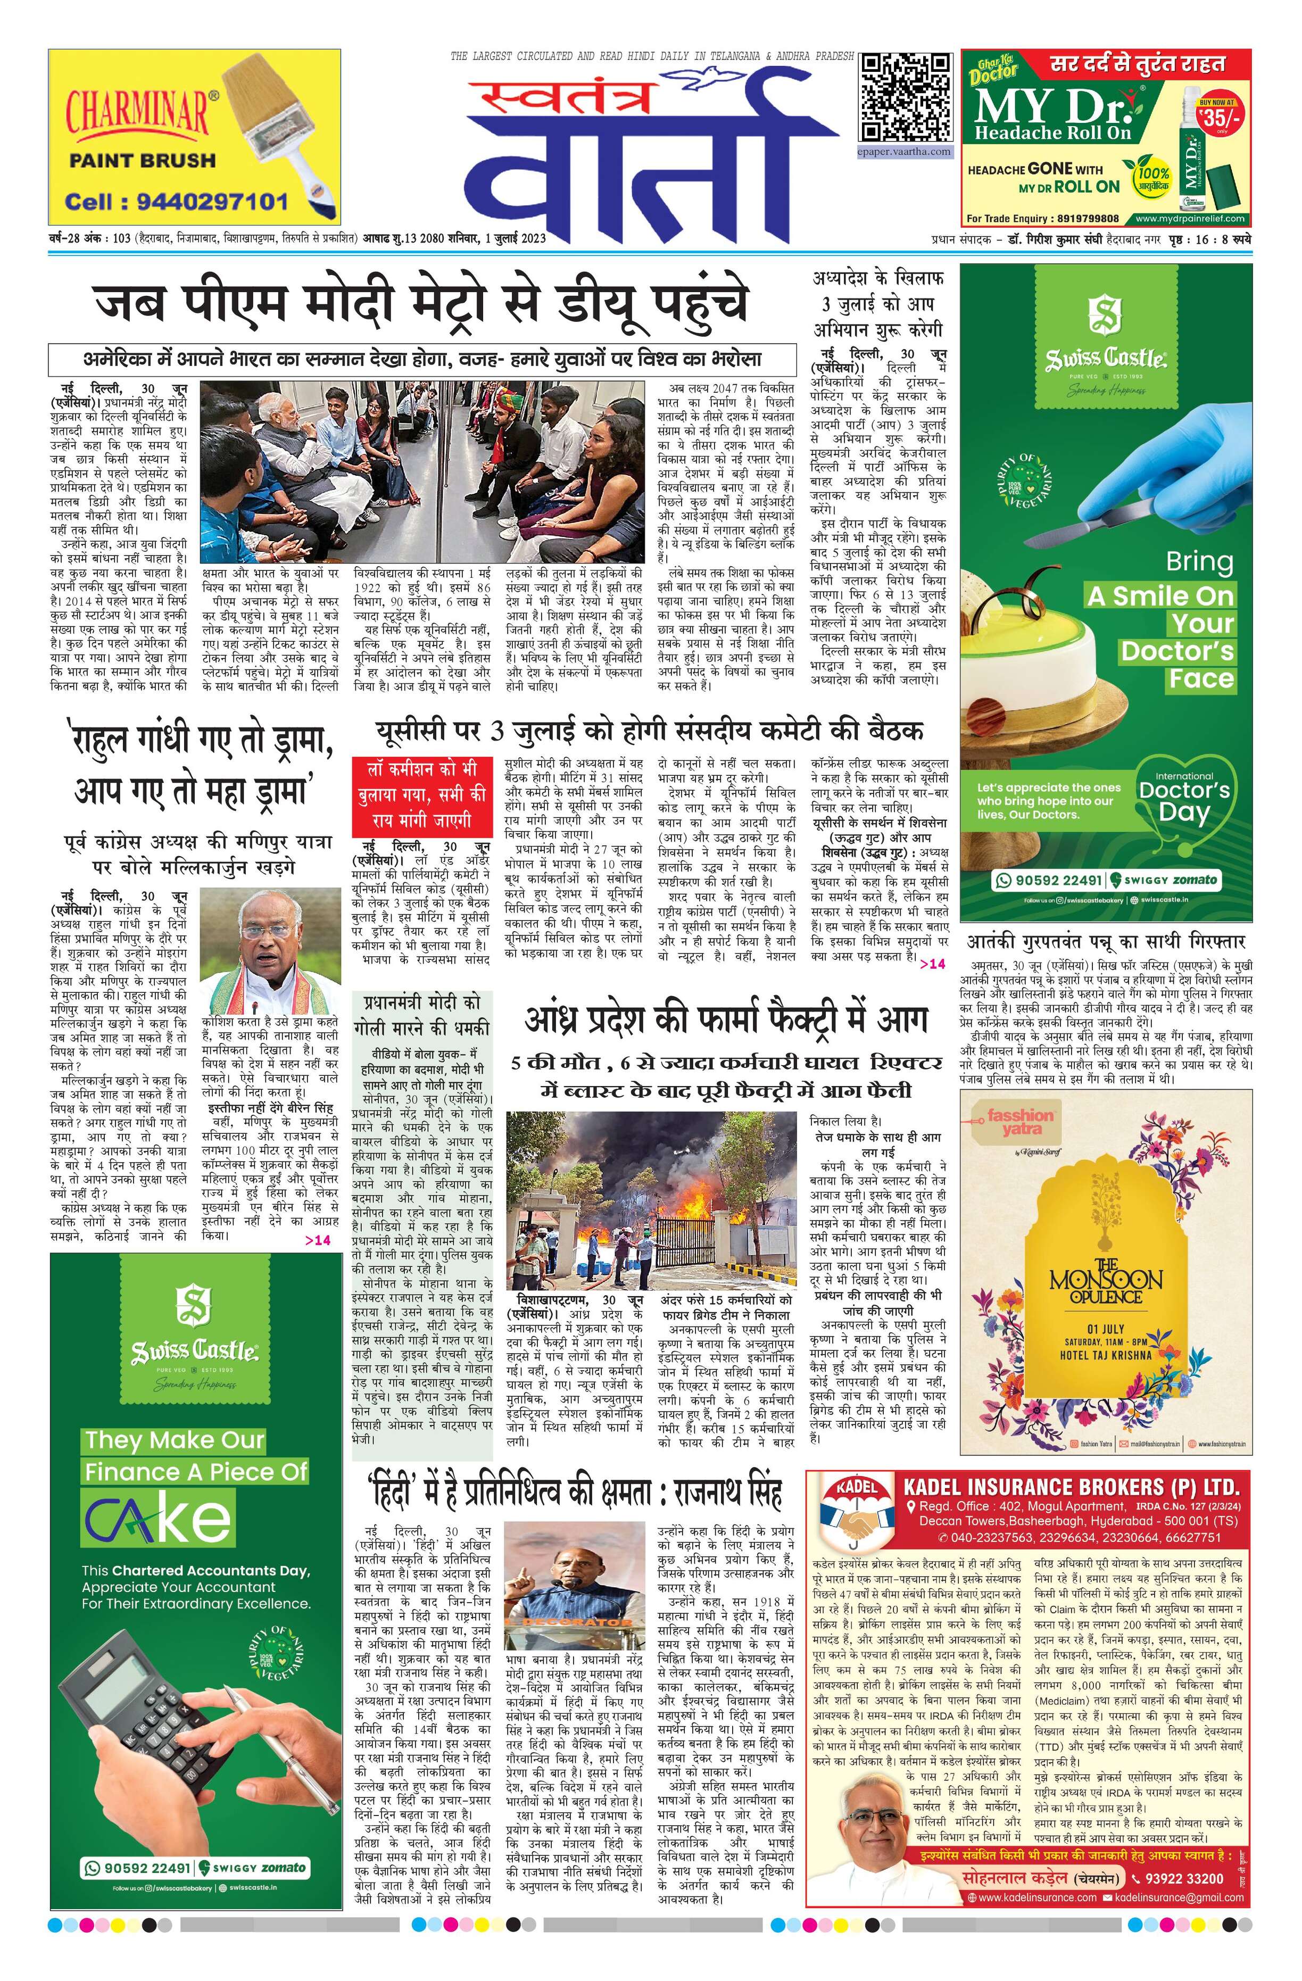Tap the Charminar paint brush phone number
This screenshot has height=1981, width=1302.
177,202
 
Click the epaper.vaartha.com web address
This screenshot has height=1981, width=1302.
905,152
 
